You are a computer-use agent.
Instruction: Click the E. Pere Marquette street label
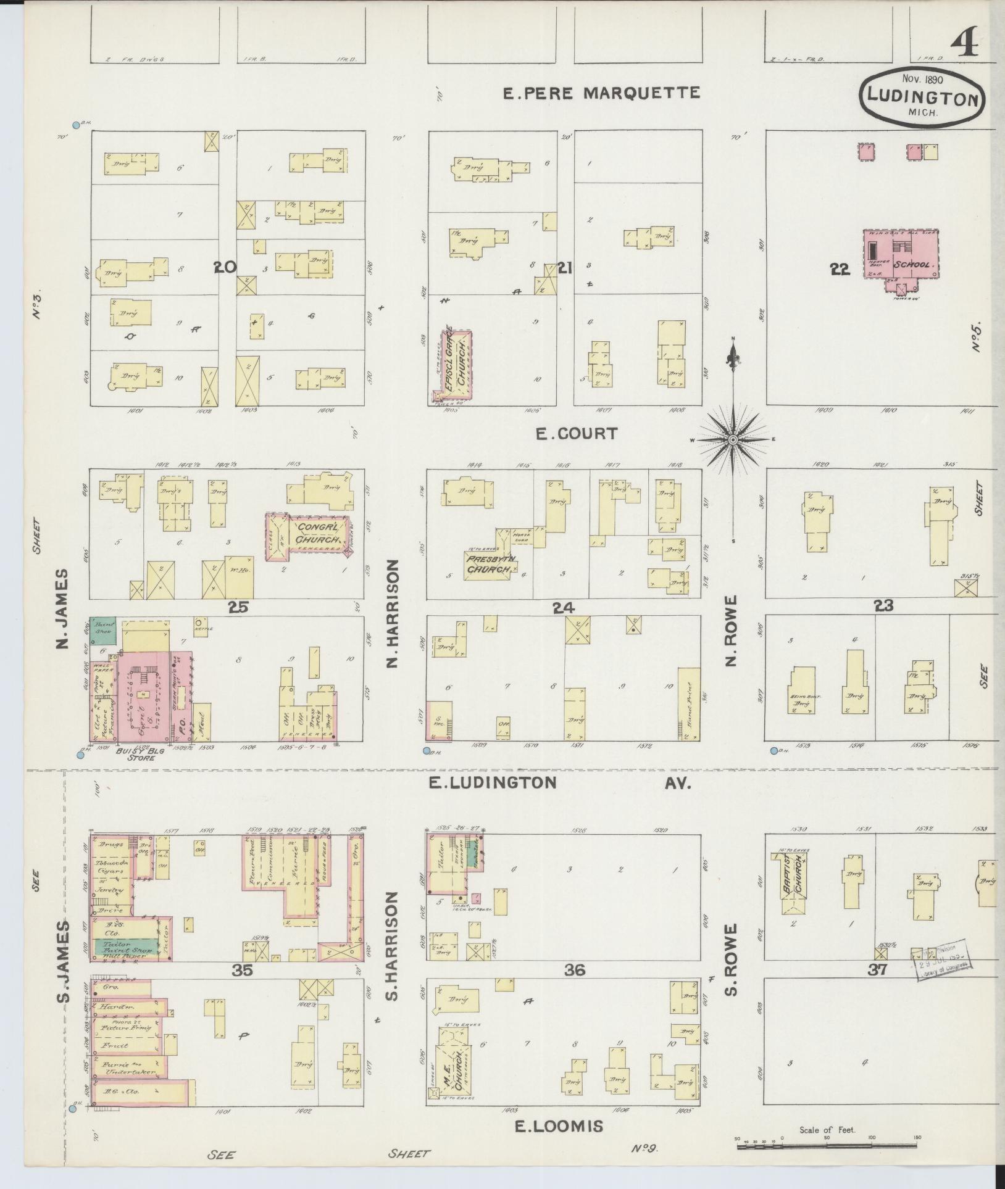pyautogui.click(x=601, y=93)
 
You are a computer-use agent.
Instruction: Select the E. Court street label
pyautogui.click(x=576, y=433)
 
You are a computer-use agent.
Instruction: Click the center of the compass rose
pyautogui.click(x=732, y=439)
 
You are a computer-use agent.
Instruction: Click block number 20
pyautogui.click(x=225, y=267)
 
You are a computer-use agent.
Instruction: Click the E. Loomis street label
pyautogui.click(x=559, y=1127)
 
